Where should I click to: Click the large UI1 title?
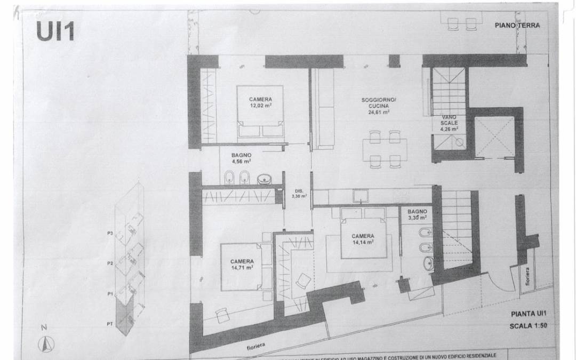click(x=55, y=31)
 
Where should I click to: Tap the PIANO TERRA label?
click(x=517, y=25)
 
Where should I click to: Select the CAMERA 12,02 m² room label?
click(x=260, y=102)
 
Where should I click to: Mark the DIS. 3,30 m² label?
click(x=299, y=194)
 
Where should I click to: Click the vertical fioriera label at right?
click(x=527, y=277)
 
